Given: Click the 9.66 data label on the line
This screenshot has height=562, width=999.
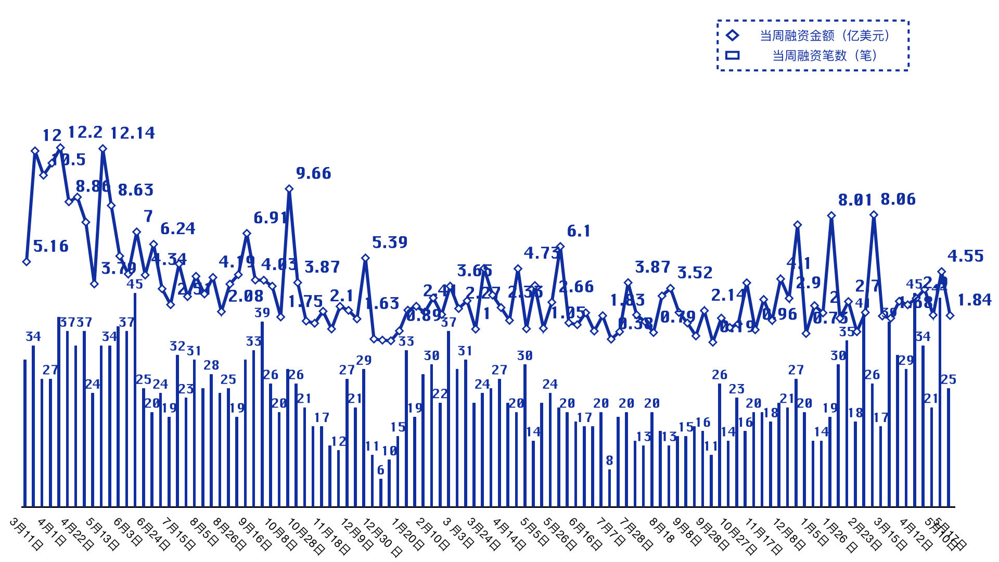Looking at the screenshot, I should pyautogui.click(x=313, y=173).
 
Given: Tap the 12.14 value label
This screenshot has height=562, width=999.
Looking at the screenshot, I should pyautogui.click(x=133, y=133).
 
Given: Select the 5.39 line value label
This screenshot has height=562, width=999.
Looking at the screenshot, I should pyautogui.click(x=389, y=242).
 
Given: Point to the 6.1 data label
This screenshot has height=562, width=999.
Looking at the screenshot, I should pyautogui.click(x=579, y=231).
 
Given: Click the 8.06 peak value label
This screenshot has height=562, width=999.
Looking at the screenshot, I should pyautogui.click(x=898, y=199).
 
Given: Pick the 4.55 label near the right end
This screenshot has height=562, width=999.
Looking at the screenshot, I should pyautogui.click(x=965, y=256).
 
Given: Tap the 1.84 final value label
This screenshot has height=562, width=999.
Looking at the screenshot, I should pyautogui.click(x=974, y=300).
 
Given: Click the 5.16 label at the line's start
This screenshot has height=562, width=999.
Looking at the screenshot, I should pyautogui.click(x=50, y=246).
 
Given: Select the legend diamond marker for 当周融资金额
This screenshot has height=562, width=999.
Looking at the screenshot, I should pyautogui.click(x=732, y=35).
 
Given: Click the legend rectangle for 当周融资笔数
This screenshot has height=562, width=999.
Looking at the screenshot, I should pyautogui.click(x=732, y=55).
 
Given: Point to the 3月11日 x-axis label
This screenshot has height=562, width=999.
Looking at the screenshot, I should pyautogui.click(x=27, y=534).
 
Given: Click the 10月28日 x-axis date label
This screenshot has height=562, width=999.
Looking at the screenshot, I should pyautogui.click(x=306, y=537).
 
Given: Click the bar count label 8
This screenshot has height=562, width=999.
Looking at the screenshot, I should pyautogui.click(x=609, y=461).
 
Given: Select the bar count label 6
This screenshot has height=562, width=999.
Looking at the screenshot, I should pyautogui.click(x=380, y=470).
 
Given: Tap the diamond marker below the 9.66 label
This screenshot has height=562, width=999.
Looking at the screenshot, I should pyautogui.click(x=289, y=189).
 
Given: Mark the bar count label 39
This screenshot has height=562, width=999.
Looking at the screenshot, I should pyautogui.click(x=262, y=313).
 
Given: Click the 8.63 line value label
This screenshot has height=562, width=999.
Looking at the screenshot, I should pyautogui.click(x=135, y=190).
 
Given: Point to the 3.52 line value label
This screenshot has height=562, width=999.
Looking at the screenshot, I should pyautogui.click(x=695, y=273).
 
